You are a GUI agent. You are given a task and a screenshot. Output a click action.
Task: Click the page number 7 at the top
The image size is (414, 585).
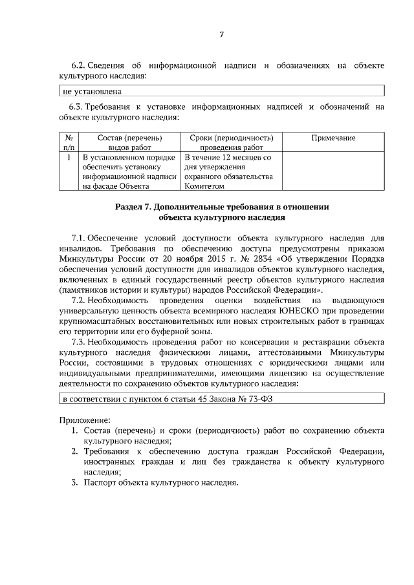tap(221, 34)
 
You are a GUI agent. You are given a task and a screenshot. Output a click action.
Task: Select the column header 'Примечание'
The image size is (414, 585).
tap(333, 138)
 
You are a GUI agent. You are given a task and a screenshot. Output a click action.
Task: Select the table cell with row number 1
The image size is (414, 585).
tap(69, 157)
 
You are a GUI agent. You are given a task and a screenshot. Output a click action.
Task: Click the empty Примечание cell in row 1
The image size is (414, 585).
tap(333, 171)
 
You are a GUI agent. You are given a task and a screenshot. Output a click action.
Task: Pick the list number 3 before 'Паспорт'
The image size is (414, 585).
tap(74, 482)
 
